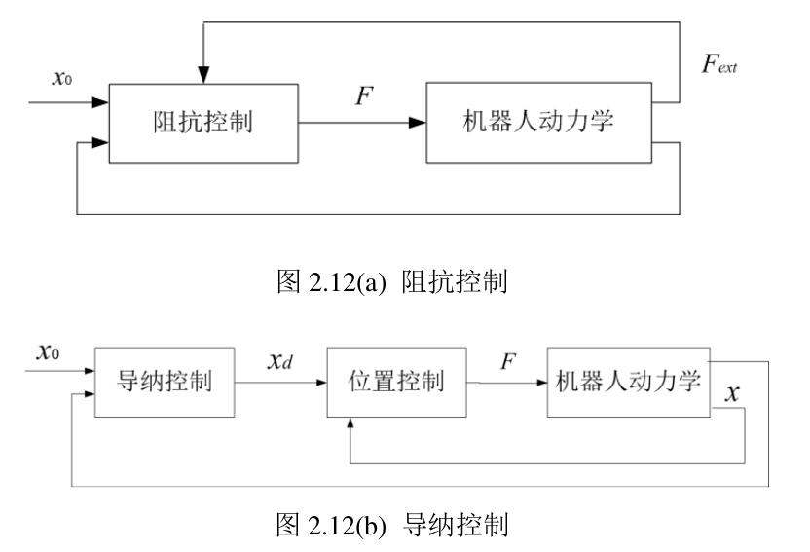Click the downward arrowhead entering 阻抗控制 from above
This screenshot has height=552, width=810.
coord(202,76)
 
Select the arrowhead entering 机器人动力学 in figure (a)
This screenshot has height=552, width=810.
coord(417,123)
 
